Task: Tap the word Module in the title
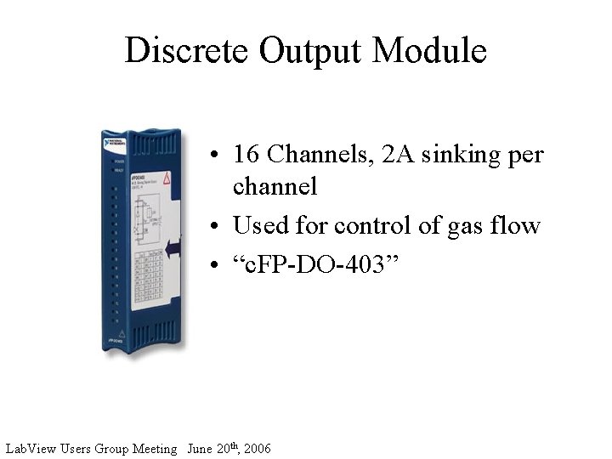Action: pos(430,50)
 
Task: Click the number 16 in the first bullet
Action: pos(246,155)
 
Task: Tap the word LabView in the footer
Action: pos(31,448)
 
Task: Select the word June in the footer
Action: pos(201,448)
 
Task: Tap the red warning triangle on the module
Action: pos(167,180)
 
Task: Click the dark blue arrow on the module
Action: pos(173,246)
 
